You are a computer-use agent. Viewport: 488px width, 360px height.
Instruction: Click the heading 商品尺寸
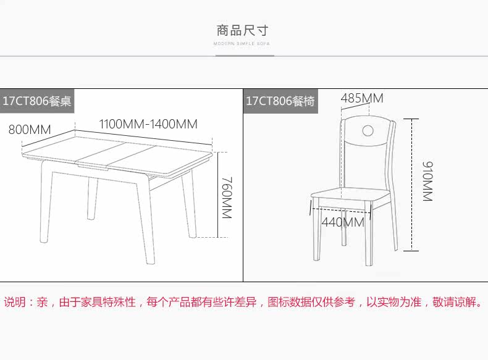pos(243,30)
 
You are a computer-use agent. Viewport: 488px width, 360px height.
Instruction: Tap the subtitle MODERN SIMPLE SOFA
pos(242,44)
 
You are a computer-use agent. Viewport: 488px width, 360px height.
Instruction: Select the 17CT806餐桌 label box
pos(37,101)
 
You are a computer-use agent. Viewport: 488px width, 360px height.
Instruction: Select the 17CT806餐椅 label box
pos(280,101)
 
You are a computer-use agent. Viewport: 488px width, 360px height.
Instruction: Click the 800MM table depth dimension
pos(29,130)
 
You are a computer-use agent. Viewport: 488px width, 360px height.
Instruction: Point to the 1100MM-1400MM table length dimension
pos(148,124)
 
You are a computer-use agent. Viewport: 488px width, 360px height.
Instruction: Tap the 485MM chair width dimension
pos(362,98)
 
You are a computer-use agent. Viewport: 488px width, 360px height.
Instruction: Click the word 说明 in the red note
pos(16,303)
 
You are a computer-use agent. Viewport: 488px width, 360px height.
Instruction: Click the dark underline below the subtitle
pos(245,56)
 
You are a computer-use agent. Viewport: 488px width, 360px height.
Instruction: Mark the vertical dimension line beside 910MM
pos(412,185)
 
